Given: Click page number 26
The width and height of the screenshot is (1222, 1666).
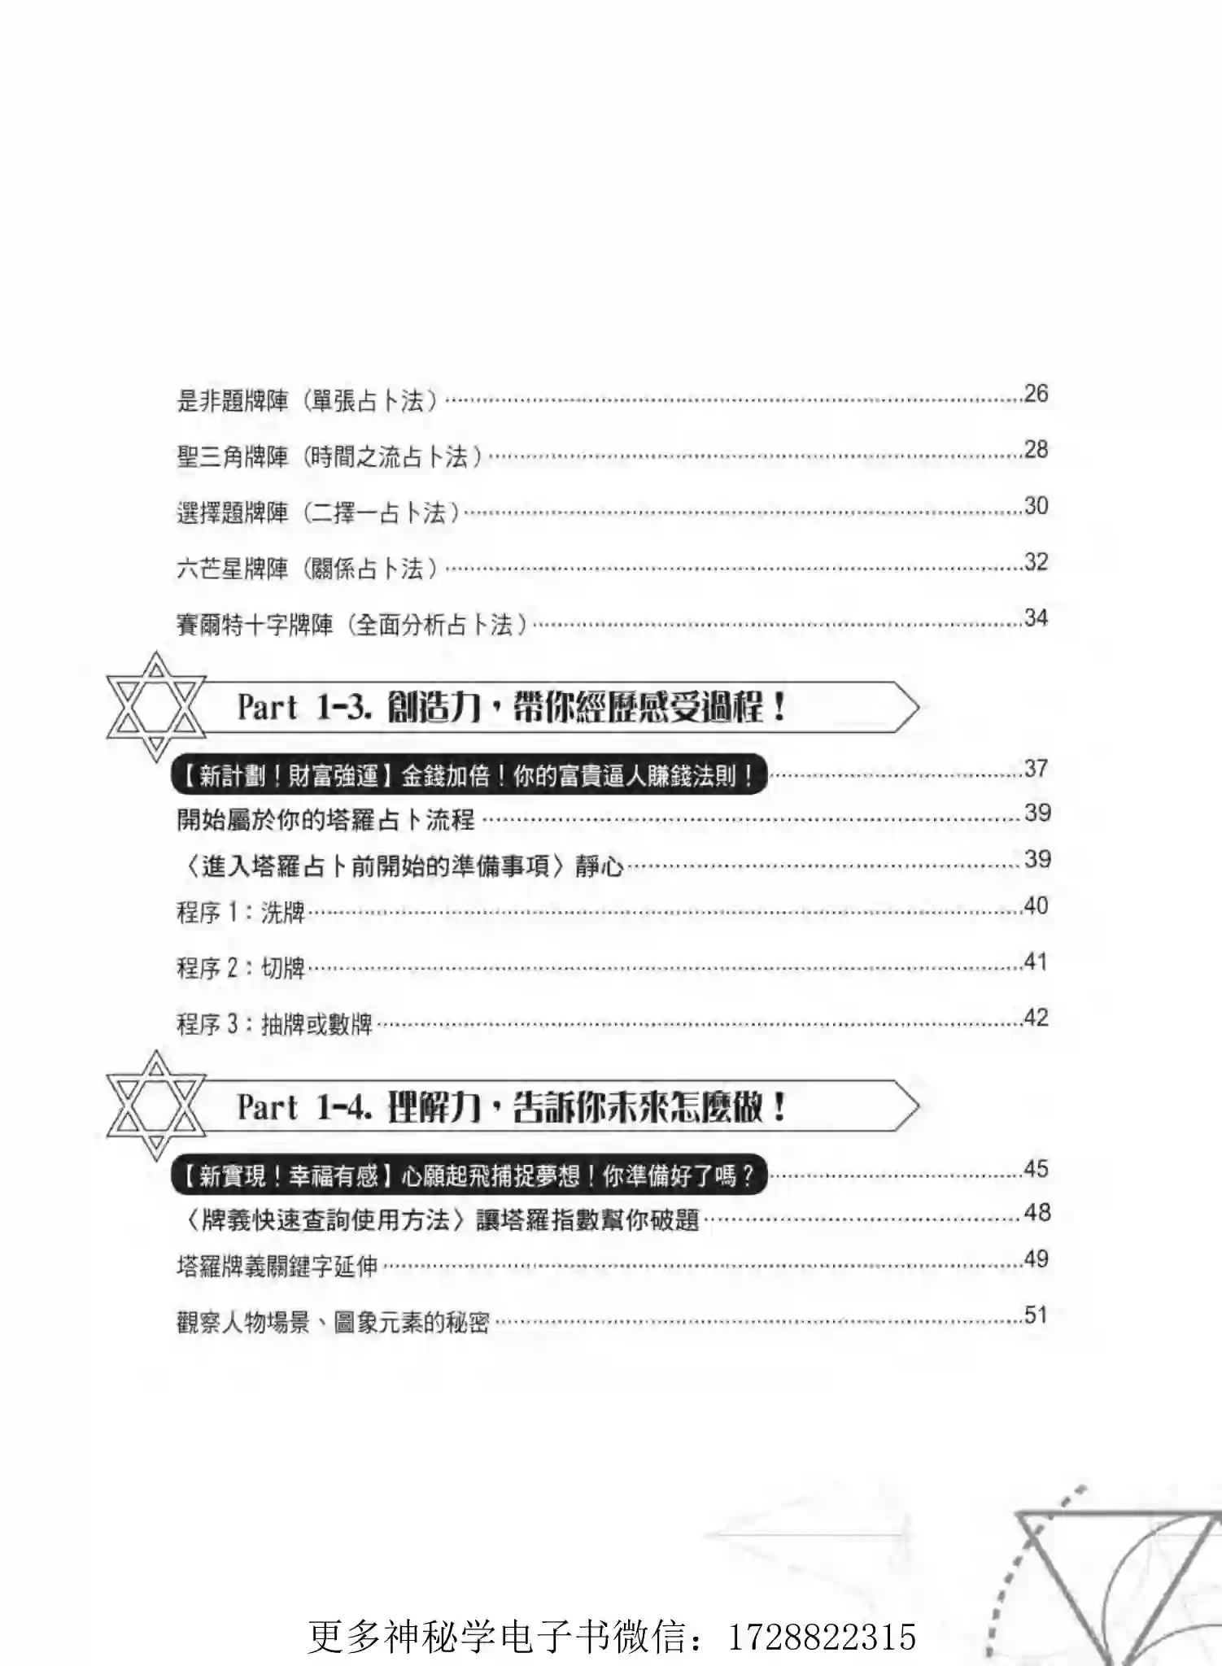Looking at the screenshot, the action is (1036, 394).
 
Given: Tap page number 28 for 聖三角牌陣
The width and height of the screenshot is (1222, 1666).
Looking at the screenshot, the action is (1036, 450).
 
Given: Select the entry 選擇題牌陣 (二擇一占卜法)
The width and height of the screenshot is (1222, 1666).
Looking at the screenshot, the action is (318, 512).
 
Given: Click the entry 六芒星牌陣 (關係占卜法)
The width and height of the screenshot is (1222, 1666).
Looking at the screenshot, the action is (308, 569).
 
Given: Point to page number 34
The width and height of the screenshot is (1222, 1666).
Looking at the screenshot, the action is (1036, 618).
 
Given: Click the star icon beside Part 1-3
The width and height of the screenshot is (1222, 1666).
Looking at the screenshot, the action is (155, 706).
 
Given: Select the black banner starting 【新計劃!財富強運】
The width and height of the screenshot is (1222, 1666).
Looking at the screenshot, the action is (469, 776).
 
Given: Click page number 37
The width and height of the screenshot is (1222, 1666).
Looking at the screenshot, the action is (1036, 769).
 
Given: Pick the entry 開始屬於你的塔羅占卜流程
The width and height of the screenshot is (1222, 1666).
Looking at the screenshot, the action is (325, 819).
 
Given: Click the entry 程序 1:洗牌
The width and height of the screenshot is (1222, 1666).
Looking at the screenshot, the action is (241, 913).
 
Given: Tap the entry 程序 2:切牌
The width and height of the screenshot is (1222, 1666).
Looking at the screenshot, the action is (241, 968).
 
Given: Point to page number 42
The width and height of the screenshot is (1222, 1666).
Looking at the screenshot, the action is (1036, 1018).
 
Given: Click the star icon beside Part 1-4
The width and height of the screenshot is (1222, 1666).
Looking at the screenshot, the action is (155, 1106).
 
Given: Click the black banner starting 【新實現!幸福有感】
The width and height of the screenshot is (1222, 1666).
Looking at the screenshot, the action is (469, 1175).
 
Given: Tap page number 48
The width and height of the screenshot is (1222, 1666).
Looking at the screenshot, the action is (1037, 1213).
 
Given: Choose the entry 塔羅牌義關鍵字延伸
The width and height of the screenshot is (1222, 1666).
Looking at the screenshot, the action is (277, 1267).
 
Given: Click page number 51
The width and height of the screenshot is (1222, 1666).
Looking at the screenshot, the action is (1036, 1315).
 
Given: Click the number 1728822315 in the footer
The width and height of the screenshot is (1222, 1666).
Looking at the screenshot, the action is (823, 1637).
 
